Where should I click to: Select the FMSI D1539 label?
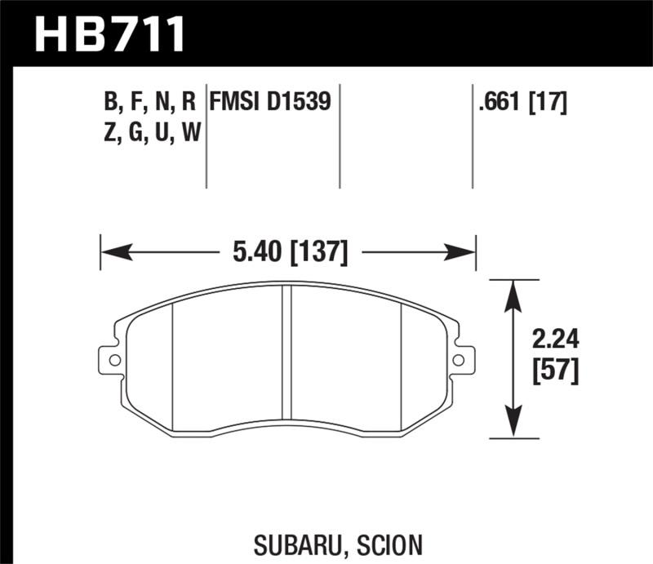(x=270, y=102)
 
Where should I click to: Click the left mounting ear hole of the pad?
(x=113, y=359)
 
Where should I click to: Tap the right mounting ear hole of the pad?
(x=460, y=359)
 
